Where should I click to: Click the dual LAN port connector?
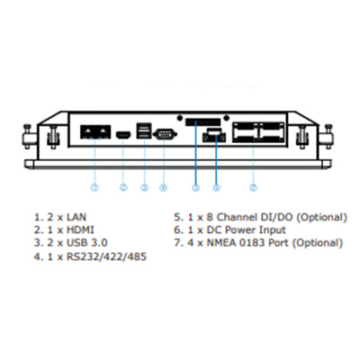point(95,132)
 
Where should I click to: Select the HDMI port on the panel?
point(123,135)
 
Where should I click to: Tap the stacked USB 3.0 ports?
point(144,130)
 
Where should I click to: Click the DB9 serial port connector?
point(165,134)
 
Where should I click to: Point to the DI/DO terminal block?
point(203,122)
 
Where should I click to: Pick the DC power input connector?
point(214,135)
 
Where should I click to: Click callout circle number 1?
point(94,187)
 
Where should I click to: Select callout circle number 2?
point(123,187)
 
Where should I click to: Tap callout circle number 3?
point(144,187)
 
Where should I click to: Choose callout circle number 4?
point(163,187)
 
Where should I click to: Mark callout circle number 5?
point(195,187)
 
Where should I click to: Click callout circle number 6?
point(216,187)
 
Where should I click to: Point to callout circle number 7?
point(254,187)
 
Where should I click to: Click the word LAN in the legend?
point(76,217)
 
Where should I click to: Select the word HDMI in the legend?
point(80,230)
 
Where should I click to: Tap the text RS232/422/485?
point(106,256)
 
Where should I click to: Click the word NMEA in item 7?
point(221,243)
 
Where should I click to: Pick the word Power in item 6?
point(240,230)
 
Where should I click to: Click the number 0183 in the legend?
point(252,243)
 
